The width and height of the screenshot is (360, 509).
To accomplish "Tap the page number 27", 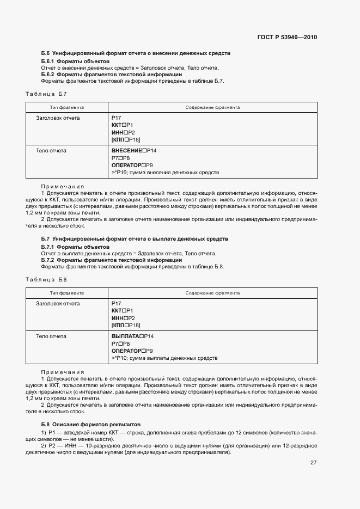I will click(x=313, y=463).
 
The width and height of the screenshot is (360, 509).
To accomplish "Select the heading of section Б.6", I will click(x=136, y=53).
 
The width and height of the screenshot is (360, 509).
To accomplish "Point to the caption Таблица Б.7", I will click(x=46, y=94).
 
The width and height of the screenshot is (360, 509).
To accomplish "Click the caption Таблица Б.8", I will click(x=46, y=280).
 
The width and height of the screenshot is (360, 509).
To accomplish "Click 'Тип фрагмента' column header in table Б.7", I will click(x=67, y=108).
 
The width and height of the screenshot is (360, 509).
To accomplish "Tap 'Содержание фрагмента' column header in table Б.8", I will click(x=212, y=293).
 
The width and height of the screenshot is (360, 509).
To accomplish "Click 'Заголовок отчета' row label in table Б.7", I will click(x=58, y=118).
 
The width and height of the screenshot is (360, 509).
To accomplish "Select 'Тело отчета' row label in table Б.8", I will click(x=51, y=336).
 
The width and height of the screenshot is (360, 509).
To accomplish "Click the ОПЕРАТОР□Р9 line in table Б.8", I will click(x=132, y=351).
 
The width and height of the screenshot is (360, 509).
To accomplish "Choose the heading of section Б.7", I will click(x=135, y=239).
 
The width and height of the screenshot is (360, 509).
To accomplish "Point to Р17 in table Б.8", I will click(x=116, y=303).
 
